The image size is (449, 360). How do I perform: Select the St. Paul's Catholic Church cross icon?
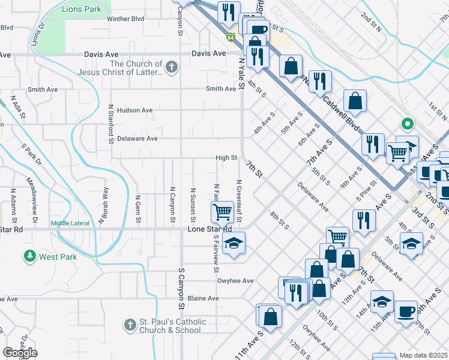129,326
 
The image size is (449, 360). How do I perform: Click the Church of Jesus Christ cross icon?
172,67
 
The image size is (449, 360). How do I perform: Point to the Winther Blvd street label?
125,19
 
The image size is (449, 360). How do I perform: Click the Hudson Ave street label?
135,110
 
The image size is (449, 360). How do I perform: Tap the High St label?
227,158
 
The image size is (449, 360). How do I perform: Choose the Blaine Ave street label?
203,298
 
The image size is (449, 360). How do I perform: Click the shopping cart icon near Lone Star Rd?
222,211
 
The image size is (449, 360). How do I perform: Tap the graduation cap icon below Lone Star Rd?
234,243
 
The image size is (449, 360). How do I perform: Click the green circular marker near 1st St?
408,125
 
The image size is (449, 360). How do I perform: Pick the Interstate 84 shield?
231,38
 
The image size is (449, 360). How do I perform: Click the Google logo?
20,353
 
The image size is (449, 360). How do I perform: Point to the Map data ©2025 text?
423,355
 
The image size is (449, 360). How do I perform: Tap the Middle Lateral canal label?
70,224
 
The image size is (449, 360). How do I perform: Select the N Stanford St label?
111,124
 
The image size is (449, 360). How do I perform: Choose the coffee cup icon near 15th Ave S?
406,311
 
